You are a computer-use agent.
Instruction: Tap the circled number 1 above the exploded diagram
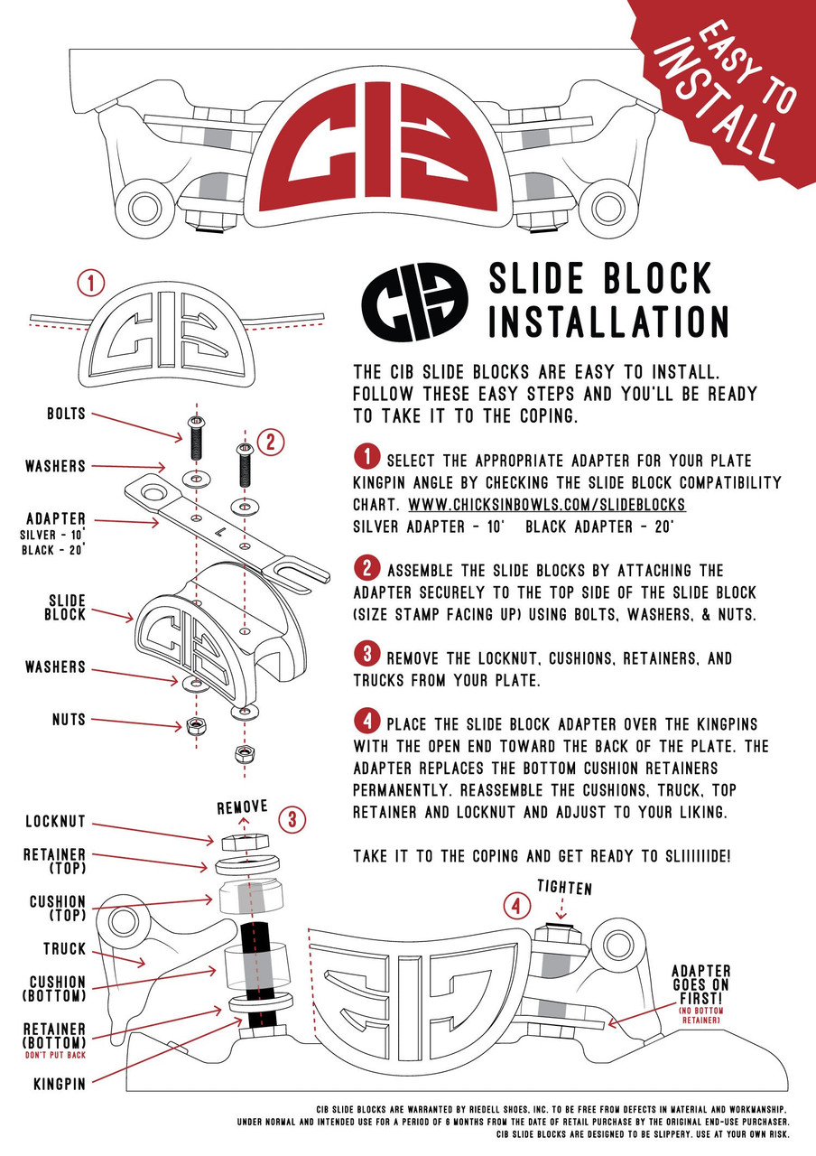tap(90, 284)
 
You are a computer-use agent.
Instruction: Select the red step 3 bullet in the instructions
tap(368, 648)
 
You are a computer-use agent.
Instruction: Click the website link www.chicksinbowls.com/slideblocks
tap(547, 504)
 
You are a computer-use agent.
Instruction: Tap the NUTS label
tap(68, 720)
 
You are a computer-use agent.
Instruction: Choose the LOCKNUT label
tap(53, 823)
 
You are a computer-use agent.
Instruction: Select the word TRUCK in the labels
tap(63, 949)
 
